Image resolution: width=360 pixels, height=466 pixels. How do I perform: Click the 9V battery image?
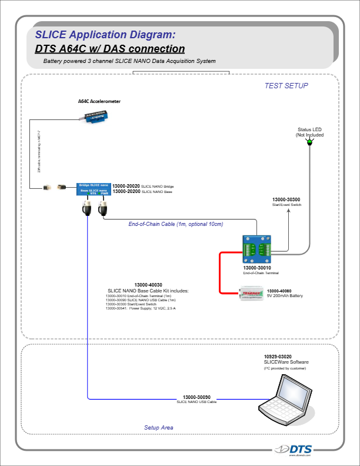click(252, 293)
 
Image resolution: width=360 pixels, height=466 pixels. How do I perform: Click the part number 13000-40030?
click(148, 285)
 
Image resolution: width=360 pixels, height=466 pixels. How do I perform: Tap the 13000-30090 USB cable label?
click(197, 397)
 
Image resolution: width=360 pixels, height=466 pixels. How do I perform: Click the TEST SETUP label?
click(286, 86)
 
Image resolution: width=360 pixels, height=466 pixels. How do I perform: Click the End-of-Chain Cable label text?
click(176, 224)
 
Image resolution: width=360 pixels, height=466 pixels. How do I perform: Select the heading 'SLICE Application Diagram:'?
click(105, 34)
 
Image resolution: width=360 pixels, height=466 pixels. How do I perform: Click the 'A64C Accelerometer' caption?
click(99, 101)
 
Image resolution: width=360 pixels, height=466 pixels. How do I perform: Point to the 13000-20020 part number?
click(126, 186)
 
